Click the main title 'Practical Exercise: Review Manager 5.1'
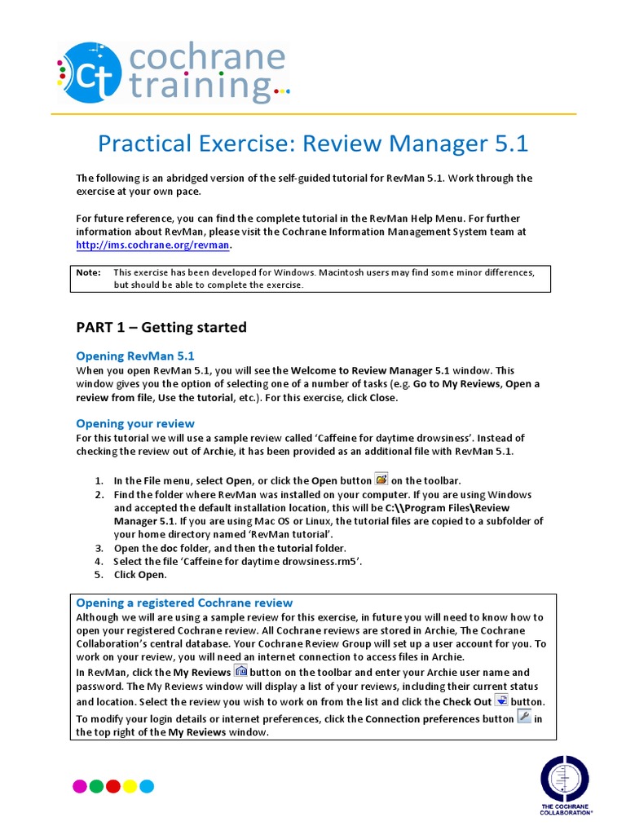313,144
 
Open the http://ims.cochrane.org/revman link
153,245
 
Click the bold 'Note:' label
88,272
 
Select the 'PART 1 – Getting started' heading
161,327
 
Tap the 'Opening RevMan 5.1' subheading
135,356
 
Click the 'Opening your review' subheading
135,423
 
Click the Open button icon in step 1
381,479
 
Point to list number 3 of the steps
99,548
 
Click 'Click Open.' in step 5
139,575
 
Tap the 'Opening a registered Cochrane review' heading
184,603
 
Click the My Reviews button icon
240,671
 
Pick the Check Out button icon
501,700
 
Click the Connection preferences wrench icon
524,717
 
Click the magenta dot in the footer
80,786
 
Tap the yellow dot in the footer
130,786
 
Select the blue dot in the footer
147,786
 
